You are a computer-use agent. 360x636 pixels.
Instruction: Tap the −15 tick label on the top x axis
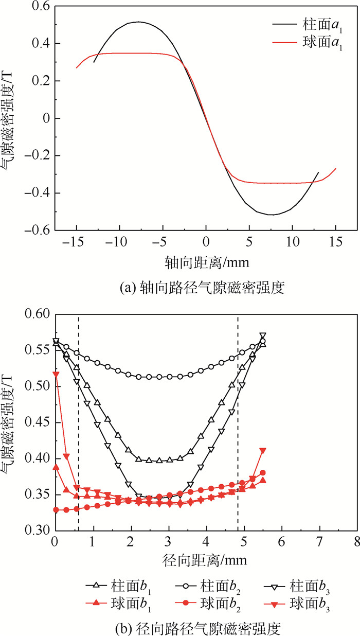(x=76, y=243)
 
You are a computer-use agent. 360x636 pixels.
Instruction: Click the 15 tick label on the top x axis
(x=335, y=243)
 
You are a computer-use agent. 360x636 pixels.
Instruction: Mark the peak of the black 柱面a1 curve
(x=138, y=22)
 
